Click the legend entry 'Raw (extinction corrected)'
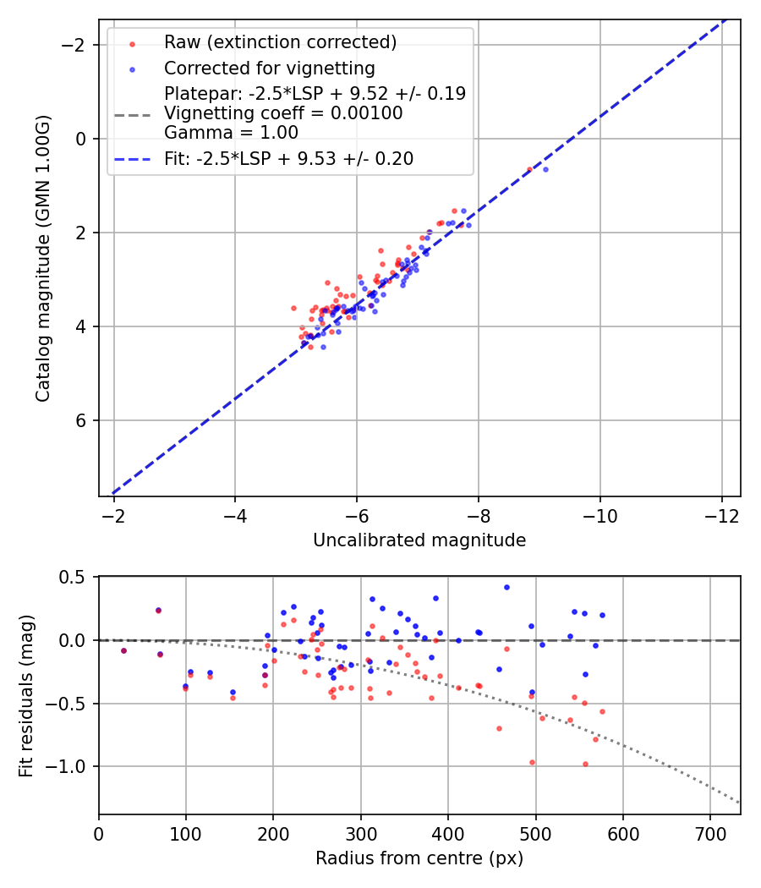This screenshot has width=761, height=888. (x=280, y=42)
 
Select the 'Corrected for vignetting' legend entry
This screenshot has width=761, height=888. (x=269, y=68)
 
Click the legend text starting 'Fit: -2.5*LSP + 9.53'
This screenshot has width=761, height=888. (x=288, y=159)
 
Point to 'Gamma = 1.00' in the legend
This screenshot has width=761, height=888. (x=231, y=132)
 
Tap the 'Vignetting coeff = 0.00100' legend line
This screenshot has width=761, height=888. (x=283, y=112)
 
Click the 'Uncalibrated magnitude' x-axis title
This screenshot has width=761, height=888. (x=419, y=540)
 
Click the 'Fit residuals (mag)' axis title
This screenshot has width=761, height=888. (x=26, y=695)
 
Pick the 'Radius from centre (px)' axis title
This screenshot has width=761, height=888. (x=419, y=858)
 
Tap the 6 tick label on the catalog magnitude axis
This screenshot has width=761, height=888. (x=83, y=420)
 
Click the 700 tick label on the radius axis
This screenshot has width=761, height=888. (x=710, y=834)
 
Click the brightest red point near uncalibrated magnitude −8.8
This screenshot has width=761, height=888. (x=529, y=169)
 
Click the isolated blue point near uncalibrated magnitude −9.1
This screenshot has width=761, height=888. (x=545, y=169)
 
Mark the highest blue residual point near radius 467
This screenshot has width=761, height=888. (x=506, y=587)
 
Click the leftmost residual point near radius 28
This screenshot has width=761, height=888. (x=123, y=650)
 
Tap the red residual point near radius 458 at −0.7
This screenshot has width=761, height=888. (x=499, y=728)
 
